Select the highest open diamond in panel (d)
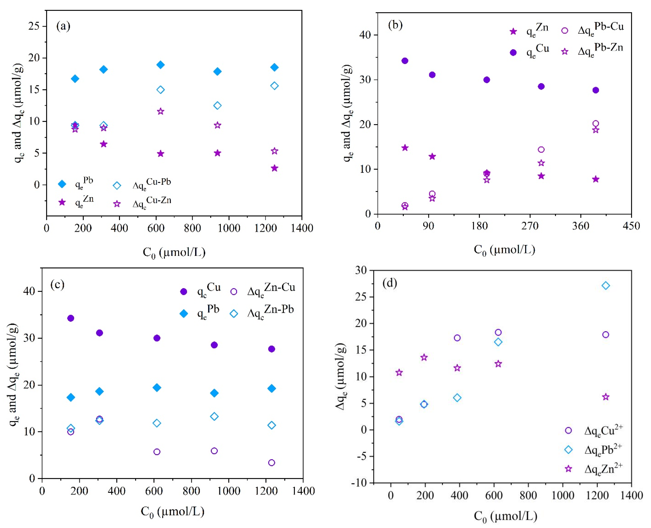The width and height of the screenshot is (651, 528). (605, 286)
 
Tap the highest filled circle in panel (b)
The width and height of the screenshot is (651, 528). (405, 61)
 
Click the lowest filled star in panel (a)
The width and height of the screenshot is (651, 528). (274, 168)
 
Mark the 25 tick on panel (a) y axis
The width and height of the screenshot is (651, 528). (34, 26)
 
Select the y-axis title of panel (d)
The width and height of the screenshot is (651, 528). (341, 377)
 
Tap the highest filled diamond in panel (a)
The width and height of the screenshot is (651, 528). (160, 65)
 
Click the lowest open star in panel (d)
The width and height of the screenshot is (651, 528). (605, 397)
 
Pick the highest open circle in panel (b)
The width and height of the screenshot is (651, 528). (595, 124)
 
